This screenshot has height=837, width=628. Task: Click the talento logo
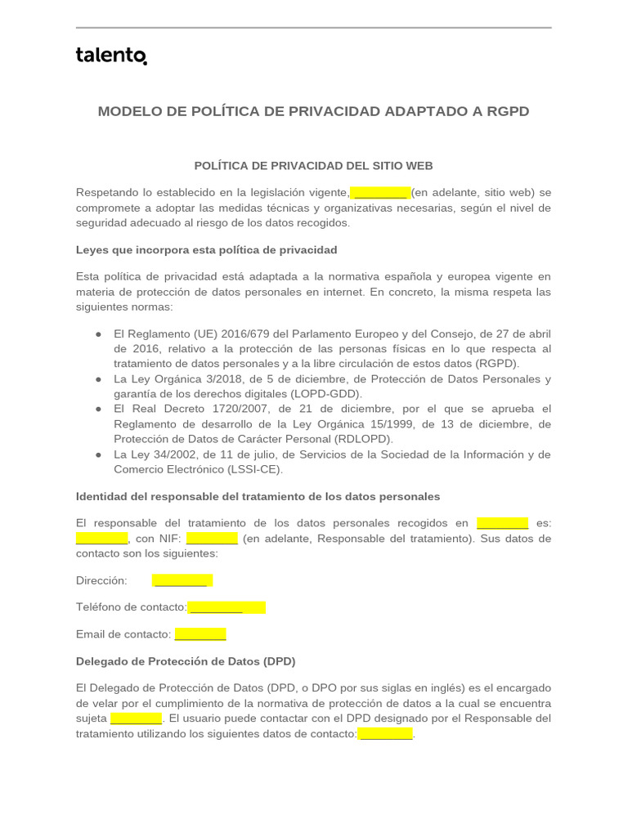pos(111,56)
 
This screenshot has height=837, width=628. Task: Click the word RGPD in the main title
pos(508,111)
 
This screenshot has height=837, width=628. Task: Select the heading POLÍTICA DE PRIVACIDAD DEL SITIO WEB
pos(313,166)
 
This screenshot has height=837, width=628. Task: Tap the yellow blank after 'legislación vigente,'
pos(379,193)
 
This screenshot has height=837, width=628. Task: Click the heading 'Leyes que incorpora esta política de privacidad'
pos(206,249)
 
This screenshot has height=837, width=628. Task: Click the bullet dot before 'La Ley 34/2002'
pos(98,454)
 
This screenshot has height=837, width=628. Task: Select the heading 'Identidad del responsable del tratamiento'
pos(258,496)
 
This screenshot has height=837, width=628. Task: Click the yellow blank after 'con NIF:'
pos(212,539)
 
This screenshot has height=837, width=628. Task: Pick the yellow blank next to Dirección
pos(182,580)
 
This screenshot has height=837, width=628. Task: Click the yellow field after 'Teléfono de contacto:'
pos(227,607)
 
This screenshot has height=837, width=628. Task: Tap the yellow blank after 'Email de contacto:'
pos(200,634)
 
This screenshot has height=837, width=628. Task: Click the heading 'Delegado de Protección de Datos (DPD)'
pos(186,660)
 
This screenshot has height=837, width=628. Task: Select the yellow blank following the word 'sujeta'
pos(136,718)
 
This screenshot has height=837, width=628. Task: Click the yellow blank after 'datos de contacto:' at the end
pos(385,734)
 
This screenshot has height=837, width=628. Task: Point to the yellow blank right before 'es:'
pos(502,523)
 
